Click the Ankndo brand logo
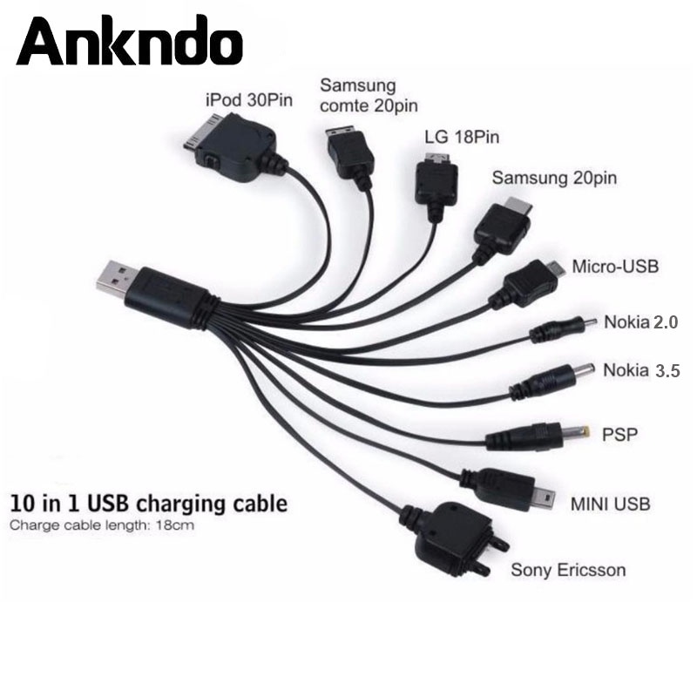pos(129,41)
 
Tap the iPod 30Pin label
pos(247,98)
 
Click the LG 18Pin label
pos(456,137)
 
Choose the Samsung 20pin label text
pos(554,178)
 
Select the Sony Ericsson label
pos(568,572)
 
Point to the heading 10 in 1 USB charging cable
pos(147,504)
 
